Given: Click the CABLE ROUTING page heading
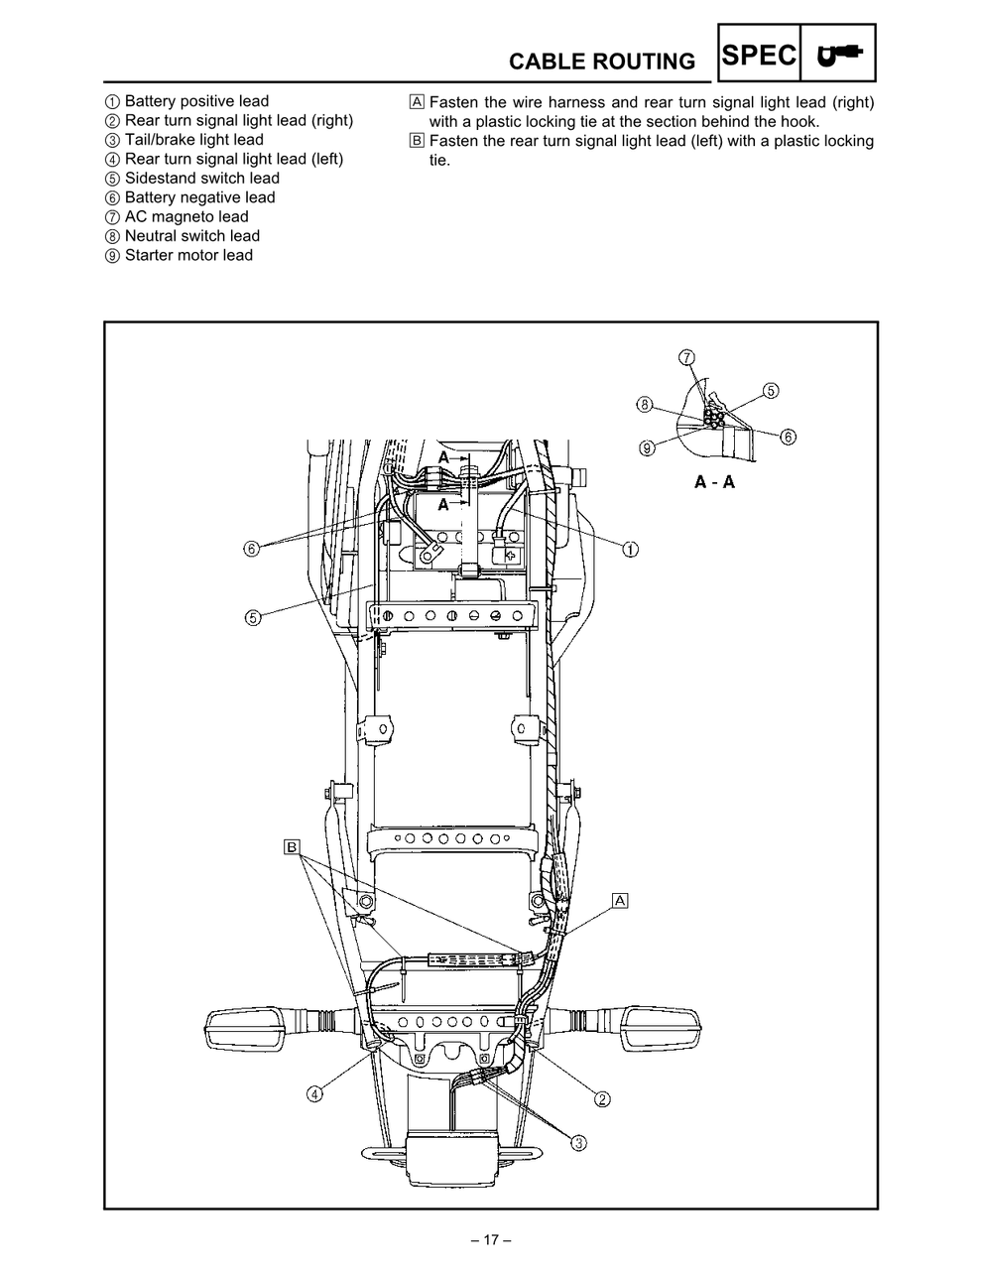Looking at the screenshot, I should tap(601, 62).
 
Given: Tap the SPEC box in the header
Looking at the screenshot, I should tap(759, 56).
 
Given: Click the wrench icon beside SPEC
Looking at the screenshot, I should tap(838, 56).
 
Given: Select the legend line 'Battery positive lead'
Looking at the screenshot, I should tap(195, 101).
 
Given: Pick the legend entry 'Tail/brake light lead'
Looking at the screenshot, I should tap(193, 140).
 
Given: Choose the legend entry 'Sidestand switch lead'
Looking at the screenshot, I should tap(201, 179).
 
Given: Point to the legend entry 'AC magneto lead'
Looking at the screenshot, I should tap(185, 217).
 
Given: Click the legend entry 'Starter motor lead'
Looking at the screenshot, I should tap(187, 256).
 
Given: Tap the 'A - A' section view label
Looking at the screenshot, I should tap(714, 483).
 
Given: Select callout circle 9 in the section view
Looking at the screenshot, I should tap(647, 447).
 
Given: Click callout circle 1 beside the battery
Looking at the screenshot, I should tap(630, 549).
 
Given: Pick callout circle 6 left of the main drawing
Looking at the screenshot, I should tap(252, 549).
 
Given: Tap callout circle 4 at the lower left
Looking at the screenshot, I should tap(313, 1094).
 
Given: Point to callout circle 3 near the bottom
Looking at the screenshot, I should tap(579, 1143).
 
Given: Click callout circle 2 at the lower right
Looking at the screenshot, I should tap(602, 1098).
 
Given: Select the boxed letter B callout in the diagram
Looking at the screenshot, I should tap(292, 846).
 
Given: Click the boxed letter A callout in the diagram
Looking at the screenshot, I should tap(621, 901).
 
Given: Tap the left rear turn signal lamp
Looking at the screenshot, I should tap(249, 1029).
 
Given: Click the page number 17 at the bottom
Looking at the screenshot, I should tap(490, 1240).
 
